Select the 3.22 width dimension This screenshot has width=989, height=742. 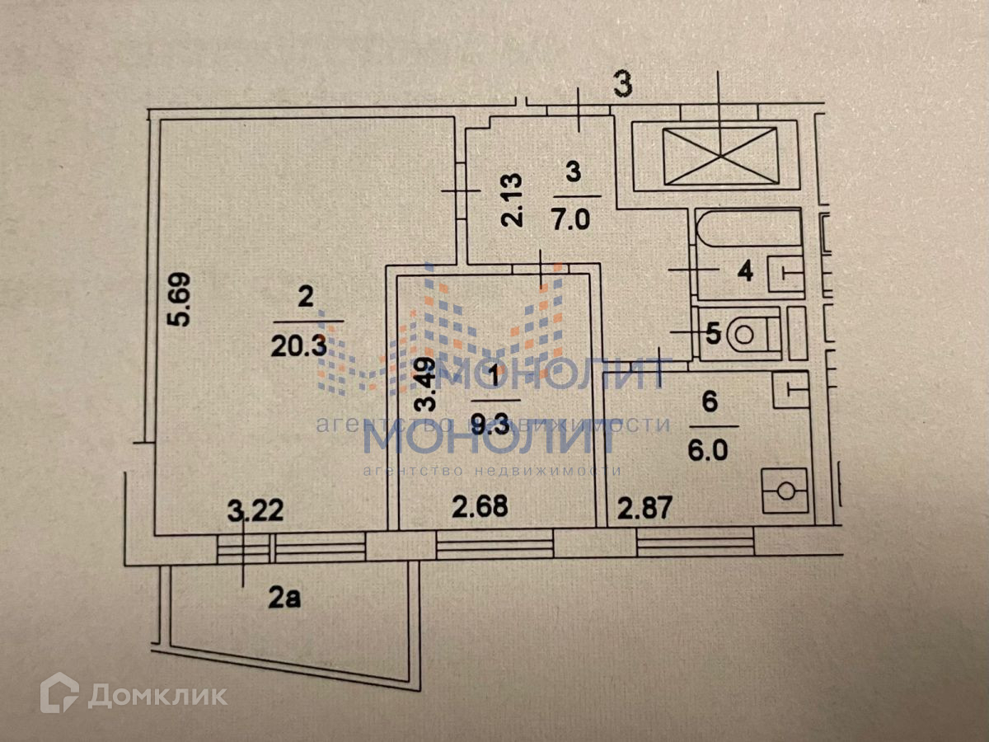255,512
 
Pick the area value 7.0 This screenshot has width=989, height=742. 573,221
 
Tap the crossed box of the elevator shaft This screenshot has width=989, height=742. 721,154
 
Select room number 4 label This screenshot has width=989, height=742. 745,272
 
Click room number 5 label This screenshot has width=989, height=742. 714,334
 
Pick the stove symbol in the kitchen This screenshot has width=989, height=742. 785,491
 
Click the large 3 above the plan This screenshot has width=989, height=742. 623,85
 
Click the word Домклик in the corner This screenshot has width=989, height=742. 157,696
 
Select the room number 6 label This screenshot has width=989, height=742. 711,403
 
